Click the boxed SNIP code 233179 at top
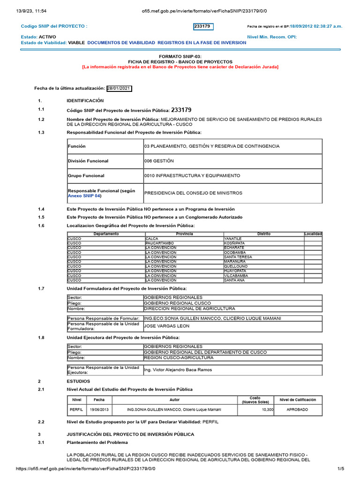point(203,27)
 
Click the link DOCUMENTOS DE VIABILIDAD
point(121,43)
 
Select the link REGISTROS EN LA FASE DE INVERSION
point(202,43)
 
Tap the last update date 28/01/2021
point(119,88)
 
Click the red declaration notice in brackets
point(180,67)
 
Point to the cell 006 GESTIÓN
point(159,161)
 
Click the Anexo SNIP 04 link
point(84,196)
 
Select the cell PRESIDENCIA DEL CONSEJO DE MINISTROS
point(193,193)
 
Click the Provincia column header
point(184,234)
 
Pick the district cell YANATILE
point(233,239)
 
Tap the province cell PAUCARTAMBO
point(160,243)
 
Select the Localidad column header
point(313,234)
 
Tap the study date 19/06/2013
point(99,409)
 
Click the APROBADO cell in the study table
point(298,409)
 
